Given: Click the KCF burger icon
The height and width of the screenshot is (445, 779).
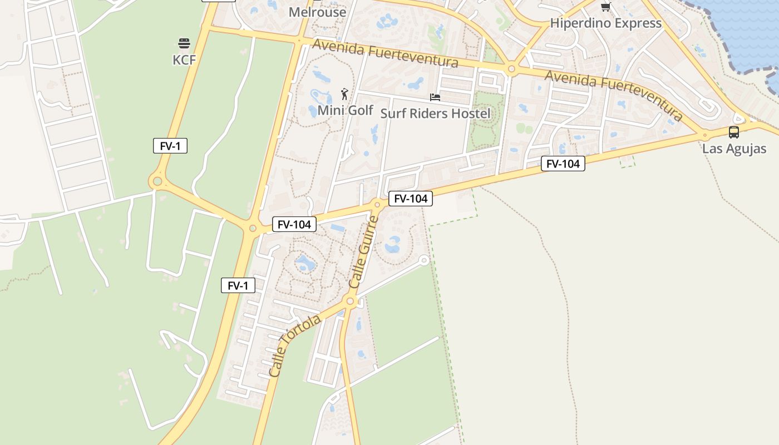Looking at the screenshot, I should (x=184, y=43).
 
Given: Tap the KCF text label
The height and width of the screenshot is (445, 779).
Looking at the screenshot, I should (x=184, y=60).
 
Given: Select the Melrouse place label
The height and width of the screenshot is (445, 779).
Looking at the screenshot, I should (x=317, y=12).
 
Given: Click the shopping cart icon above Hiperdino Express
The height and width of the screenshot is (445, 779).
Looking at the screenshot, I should (x=605, y=7).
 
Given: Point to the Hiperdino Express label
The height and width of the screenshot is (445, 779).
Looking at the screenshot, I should (x=605, y=23).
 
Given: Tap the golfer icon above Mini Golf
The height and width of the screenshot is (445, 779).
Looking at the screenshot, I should (x=345, y=94).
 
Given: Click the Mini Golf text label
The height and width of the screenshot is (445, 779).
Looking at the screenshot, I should (x=345, y=110).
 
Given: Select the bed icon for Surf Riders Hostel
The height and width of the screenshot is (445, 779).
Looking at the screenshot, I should (x=435, y=97).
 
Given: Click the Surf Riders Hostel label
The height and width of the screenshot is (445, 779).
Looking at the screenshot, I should (x=435, y=113).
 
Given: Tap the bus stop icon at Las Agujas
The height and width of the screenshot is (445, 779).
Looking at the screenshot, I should (x=734, y=132).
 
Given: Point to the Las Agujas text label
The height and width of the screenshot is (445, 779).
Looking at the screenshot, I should (x=734, y=149).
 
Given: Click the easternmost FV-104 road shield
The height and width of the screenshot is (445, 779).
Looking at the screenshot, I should (x=563, y=164).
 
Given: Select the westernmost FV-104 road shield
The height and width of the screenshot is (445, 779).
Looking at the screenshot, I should (x=294, y=225).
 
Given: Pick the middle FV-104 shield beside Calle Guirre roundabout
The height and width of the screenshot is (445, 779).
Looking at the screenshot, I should (x=411, y=199).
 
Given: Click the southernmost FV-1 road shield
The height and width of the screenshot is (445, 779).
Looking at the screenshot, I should (x=238, y=286).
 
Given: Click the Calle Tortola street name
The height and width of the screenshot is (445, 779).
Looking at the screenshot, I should (x=294, y=346).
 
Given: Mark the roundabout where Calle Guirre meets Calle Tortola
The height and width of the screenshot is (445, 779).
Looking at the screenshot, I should (x=350, y=301).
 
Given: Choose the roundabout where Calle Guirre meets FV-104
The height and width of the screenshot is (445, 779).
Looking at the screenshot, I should (x=377, y=205).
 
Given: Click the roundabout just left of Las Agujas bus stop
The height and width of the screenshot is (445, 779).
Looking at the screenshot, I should (x=705, y=135).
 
